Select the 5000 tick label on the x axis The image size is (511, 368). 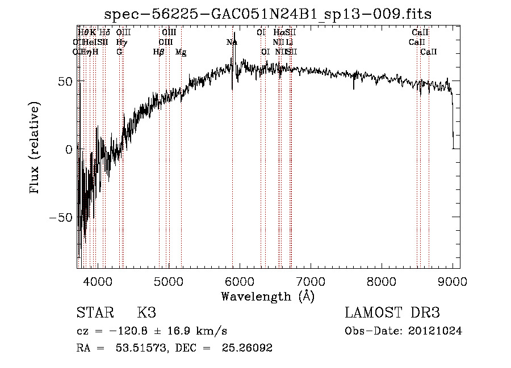pos(169,281)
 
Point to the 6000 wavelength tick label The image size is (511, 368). pos(240,281)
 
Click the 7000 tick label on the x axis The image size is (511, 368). pos(311,281)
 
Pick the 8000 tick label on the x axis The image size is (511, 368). pos(382,281)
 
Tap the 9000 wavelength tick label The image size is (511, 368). pos(453,281)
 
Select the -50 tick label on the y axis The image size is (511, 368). pos(60,217)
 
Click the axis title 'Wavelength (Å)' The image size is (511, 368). pos(267,296)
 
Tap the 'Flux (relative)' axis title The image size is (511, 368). pos(35,149)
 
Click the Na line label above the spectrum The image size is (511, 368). pos(232,43)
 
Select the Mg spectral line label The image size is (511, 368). pos(181,52)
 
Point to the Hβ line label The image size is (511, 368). pos(159,52)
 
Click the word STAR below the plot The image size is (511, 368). pos(95,313)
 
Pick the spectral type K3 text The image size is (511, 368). pos(146,313)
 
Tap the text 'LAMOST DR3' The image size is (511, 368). pos(392,313)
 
